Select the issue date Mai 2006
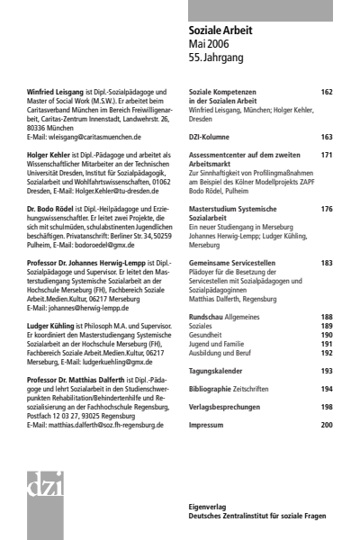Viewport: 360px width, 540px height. tap(209, 44)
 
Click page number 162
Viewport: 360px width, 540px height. tap(327, 92)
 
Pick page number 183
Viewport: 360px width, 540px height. tap(327, 263)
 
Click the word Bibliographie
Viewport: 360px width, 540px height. tap(213, 389)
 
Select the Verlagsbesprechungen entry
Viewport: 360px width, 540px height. tap(230, 407)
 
